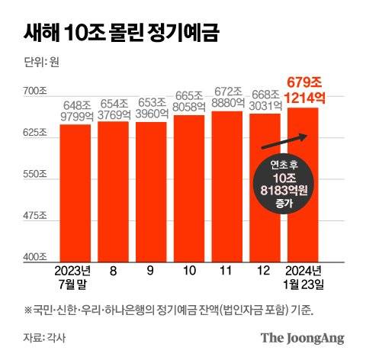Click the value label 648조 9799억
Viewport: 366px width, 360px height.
pyautogui.click(x=75, y=110)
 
